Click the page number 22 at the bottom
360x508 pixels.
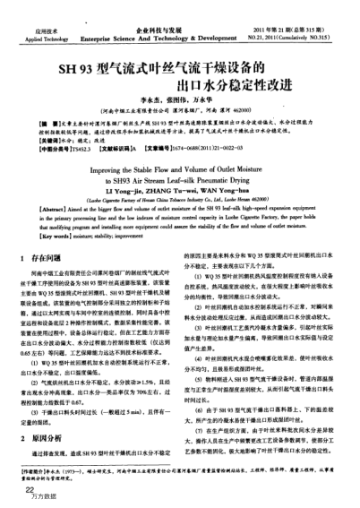30,491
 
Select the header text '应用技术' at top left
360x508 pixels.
34,7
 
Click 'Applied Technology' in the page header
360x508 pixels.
36,15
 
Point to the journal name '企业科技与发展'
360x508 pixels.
153,7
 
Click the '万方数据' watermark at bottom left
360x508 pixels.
35,500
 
